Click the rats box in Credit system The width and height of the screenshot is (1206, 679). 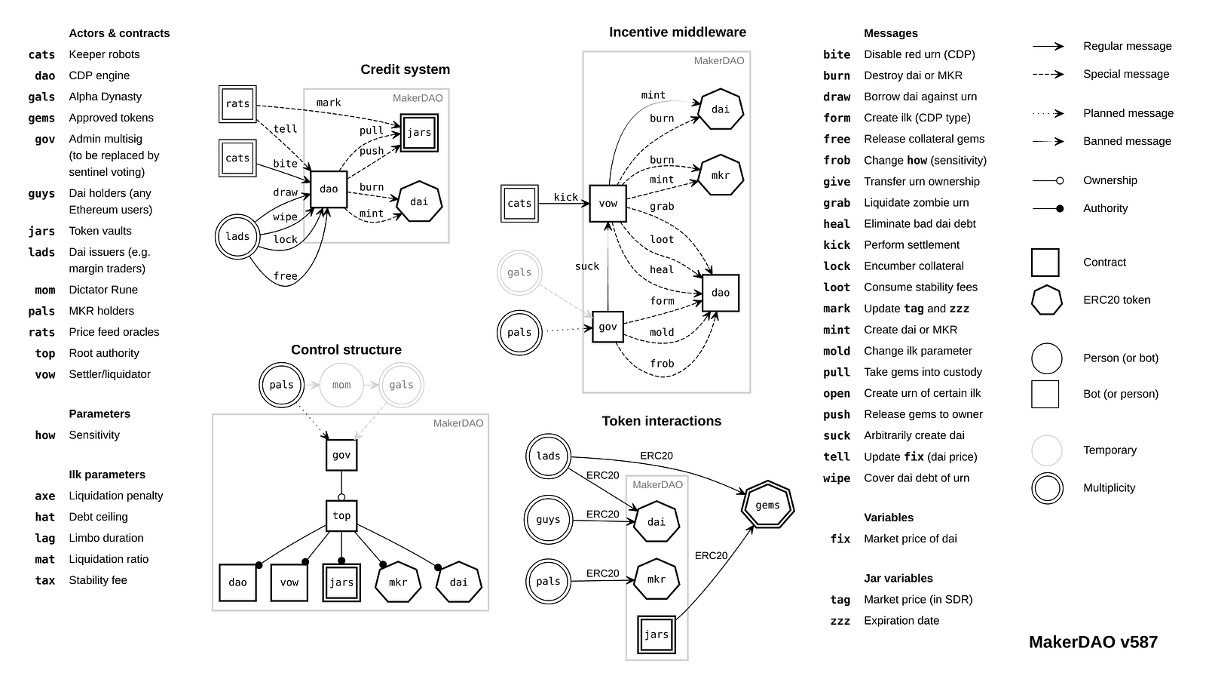237,104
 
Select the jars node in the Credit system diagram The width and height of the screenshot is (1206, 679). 419,133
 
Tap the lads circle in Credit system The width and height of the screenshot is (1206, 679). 237,237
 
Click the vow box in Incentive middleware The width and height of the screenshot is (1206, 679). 608,203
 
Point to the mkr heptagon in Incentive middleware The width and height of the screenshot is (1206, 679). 721,175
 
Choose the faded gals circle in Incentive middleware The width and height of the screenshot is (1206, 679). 519,272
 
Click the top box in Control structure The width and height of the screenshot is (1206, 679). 341,516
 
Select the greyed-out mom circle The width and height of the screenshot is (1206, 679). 341,385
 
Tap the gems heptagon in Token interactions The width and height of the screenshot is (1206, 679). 767,505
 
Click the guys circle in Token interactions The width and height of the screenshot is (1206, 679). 548,519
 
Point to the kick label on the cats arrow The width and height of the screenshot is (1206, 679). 566,197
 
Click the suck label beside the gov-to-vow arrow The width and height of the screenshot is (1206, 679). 587,266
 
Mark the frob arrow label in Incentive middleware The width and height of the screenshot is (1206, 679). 662,364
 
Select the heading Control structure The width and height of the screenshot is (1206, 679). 346,349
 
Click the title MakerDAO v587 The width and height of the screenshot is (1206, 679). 1093,642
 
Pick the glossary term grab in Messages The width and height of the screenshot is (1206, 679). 837,203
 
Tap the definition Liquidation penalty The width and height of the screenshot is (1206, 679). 115,496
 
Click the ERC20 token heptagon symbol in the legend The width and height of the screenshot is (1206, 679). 1046,300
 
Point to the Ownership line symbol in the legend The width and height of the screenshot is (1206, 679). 1048,180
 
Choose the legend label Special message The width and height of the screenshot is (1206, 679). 1126,74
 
